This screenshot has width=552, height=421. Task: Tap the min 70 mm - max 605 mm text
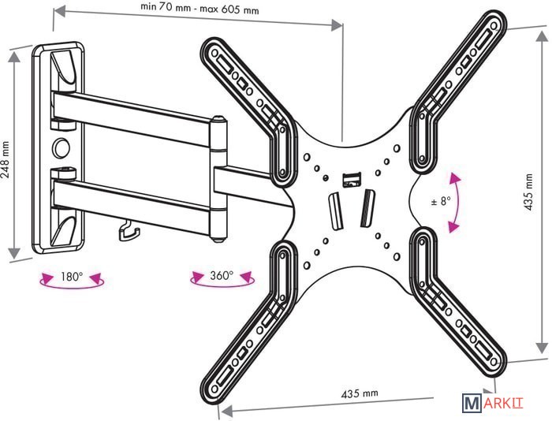point(200,9)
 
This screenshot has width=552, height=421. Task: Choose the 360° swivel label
point(222,276)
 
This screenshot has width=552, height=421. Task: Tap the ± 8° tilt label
point(441,200)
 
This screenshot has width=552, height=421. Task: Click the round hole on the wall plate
point(60,147)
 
